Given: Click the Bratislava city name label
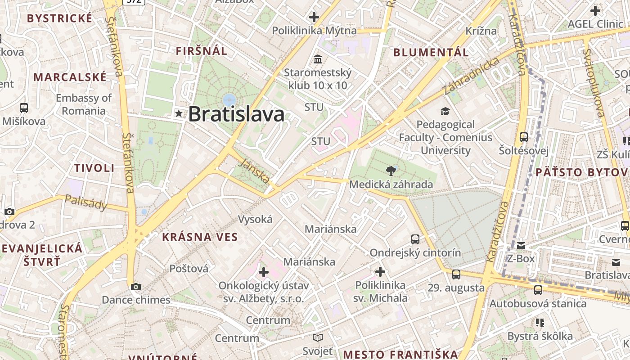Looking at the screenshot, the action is pyautogui.click(x=236, y=114).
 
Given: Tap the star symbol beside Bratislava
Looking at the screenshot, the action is pyautogui.click(x=179, y=114).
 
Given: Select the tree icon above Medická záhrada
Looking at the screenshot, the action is pyautogui.click(x=391, y=171).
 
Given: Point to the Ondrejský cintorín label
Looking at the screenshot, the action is pyautogui.click(x=415, y=253).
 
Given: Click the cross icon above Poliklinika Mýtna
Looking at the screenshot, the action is pyautogui.click(x=314, y=18).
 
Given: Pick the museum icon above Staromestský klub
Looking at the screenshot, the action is pyautogui.click(x=318, y=59).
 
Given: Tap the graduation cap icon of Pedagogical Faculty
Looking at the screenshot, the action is pyautogui.click(x=445, y=111).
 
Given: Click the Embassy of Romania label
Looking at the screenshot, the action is pyautogui.click(x=84, y=104).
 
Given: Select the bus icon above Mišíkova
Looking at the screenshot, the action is pyautogui.click(x=24, y=108).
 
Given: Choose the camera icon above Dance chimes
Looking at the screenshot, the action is pyautogui.click(x=136, y=287).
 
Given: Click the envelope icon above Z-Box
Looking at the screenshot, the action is pyautogui.click(x=521, y=246).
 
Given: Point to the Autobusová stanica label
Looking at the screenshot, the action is pyautogui.click(x=538, y=304).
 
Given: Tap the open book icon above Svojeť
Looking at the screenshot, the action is pyautogui.click(x=318, y=337).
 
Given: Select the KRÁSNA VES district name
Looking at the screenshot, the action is pyautogui.click(x=200, y=237).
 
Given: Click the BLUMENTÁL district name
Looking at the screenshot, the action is pyautogui.click(x=431, y=52).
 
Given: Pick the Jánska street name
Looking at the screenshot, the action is pyautogui.click(x=255, y=171).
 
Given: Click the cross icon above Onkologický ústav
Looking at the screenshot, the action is pyautogui.click(x=264, y=272).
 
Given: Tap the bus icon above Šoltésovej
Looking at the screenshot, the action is pyautogui.click(x=524, y=137).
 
